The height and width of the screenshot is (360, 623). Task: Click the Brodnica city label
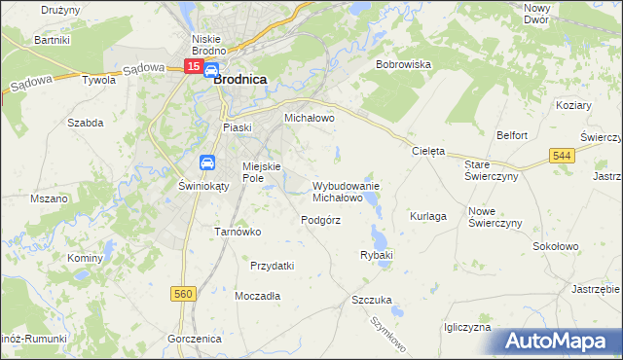(240, 84)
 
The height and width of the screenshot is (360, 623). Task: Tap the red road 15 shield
(193, 67)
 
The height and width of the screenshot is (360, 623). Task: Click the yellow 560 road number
(182, 292)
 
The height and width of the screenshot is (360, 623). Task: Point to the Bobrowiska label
(403, 64)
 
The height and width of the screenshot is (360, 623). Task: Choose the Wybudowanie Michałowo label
(346, 191)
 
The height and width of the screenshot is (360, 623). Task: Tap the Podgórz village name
(320, 220)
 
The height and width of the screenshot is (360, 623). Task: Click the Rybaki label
(376, 255)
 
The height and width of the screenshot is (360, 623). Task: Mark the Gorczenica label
(195, 338)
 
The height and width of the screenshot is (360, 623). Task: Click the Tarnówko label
(235, 232)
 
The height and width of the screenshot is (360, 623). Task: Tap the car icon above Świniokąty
(207, 162)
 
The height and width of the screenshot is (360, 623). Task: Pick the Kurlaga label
(428, 215)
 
